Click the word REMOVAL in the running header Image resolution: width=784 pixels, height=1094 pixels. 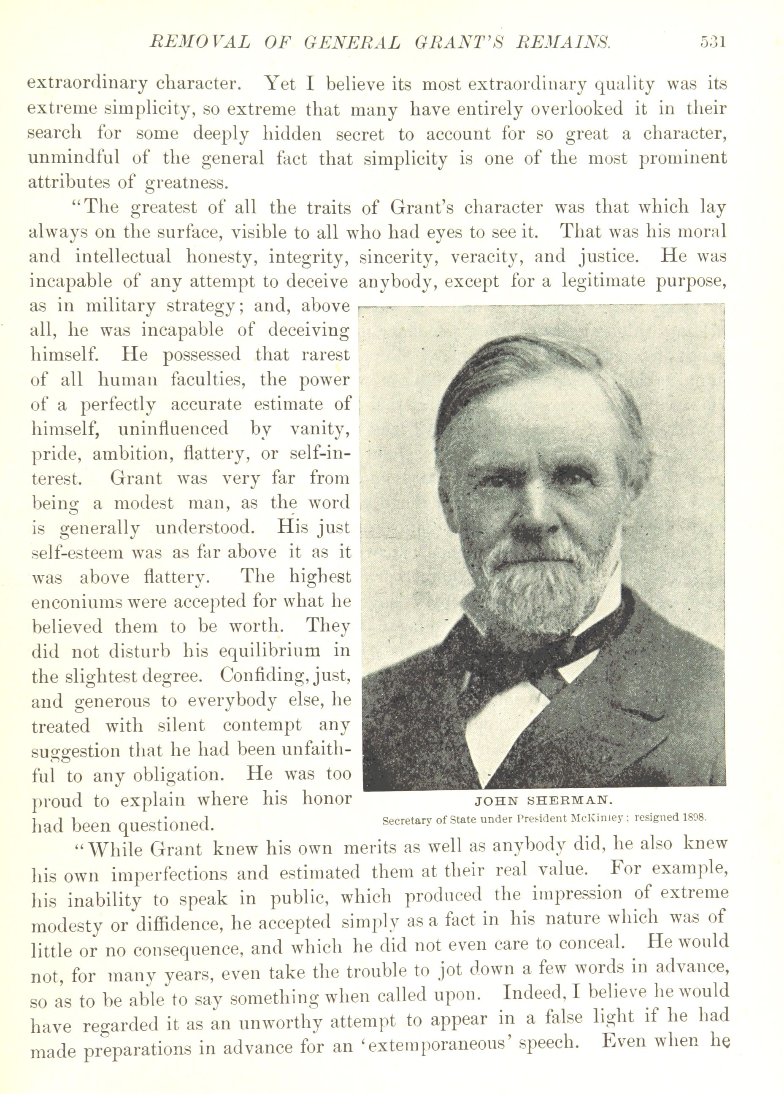201,43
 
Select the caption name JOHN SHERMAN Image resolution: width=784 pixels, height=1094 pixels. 543,801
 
